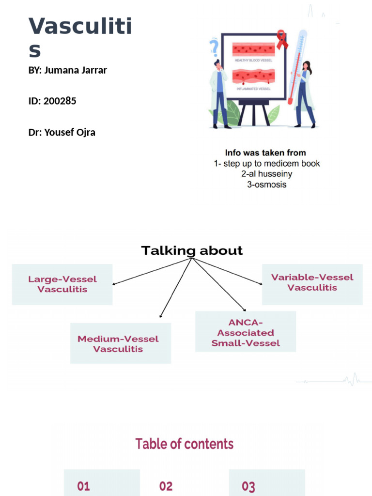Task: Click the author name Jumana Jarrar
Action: (x=75, y=70)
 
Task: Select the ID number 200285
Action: (x=60, y=101)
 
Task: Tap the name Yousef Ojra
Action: (x=70, y=132)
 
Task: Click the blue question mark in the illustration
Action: (x=214, y=48)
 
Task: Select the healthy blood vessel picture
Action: (x=253, y=49)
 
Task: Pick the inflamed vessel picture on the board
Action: (x=253, y=77)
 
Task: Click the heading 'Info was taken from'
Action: (x=265, y=153)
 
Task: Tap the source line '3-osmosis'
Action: (x=267, y=185)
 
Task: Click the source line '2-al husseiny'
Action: (x=267, y=174)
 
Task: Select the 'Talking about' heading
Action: (x=192, y=251)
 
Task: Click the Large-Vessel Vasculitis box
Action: (x=62, y=284)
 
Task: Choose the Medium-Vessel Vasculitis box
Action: (x=120, y=343)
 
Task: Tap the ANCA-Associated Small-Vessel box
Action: (x=245, y=332)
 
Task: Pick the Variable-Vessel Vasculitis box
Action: (x=312, y=282)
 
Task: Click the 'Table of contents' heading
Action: (x=184, y=444)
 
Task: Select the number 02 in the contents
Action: (x=166, y=486)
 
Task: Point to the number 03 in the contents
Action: (x=248, y=486)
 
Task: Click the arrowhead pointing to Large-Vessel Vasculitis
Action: (x=114, y=284)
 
